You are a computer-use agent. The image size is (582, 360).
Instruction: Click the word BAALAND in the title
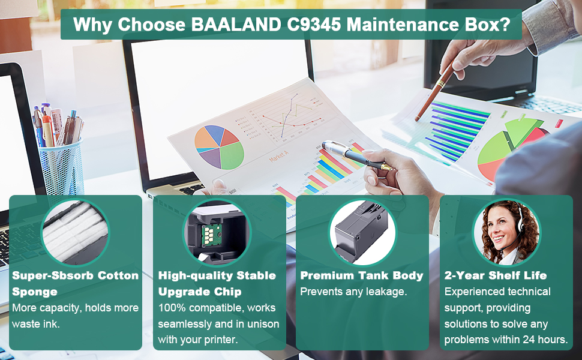pos(236,25)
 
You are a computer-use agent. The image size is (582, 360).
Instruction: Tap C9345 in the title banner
pos(314,25)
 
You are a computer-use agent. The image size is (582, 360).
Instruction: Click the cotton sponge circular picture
pos(76,232)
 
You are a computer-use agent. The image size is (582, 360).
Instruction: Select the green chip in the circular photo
pos(211,235)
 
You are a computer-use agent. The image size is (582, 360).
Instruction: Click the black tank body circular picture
pos(362,232)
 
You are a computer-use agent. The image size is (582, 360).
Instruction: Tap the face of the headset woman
pos(500,226)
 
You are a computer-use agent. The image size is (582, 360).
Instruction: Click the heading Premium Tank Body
pos(362,276)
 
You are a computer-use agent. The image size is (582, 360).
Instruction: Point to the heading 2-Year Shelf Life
pos(496,275)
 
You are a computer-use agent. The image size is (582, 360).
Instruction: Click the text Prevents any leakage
pos(353,292)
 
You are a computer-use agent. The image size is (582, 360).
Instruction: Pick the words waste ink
pos(35,324)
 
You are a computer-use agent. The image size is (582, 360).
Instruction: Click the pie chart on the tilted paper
pos(219,147)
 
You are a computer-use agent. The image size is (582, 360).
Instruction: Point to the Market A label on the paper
pos(279,155)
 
